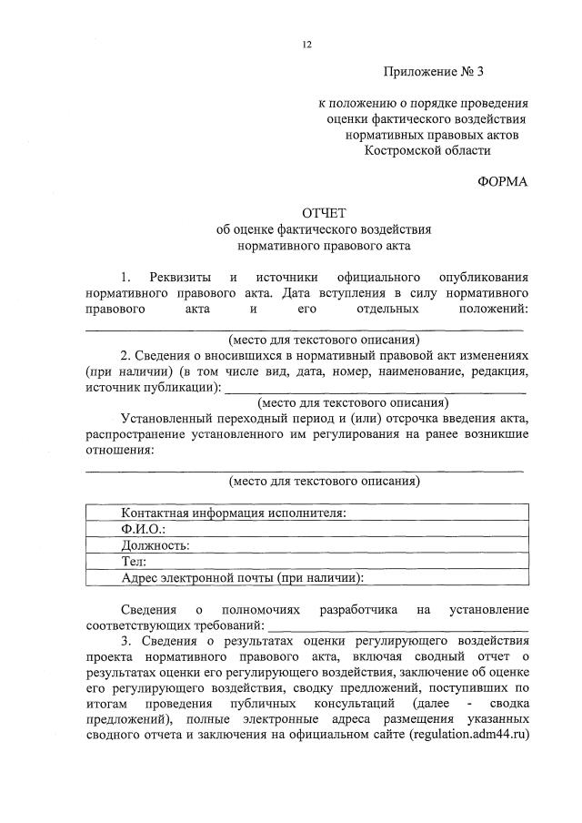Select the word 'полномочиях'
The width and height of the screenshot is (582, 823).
pyautogui.click(x=257, y=608)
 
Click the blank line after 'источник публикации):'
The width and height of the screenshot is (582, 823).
pyautogui.click(x=376, y=390)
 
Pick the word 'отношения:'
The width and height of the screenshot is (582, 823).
pyautogui.click(x=119, y=450)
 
